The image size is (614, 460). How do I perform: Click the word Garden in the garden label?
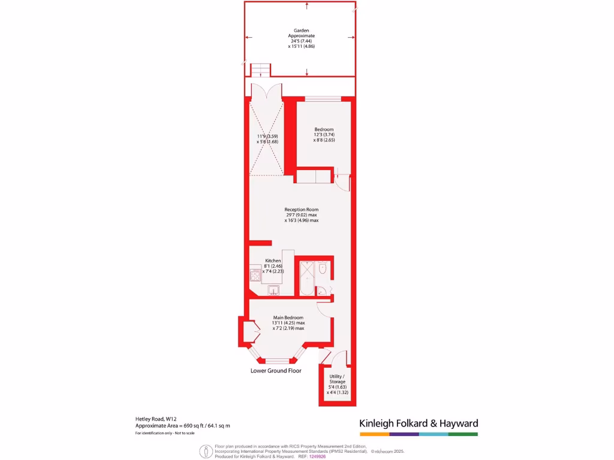302,30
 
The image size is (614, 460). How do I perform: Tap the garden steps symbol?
260,71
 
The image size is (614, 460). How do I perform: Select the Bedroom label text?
324,129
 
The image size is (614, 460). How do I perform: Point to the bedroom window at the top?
323,98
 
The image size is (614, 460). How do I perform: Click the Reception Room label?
301,210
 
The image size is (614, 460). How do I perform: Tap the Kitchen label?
273,261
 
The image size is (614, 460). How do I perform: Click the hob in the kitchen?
254,276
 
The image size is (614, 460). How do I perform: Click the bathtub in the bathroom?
307,278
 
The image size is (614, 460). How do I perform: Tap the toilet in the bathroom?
323,270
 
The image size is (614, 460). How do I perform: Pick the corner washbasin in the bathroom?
321,292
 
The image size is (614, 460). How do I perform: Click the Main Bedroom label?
288,317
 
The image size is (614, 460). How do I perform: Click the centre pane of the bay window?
278,361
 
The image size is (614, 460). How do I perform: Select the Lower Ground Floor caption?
276,371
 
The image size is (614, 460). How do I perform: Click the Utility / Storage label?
337,379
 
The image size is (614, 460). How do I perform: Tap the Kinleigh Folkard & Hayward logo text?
419,423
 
